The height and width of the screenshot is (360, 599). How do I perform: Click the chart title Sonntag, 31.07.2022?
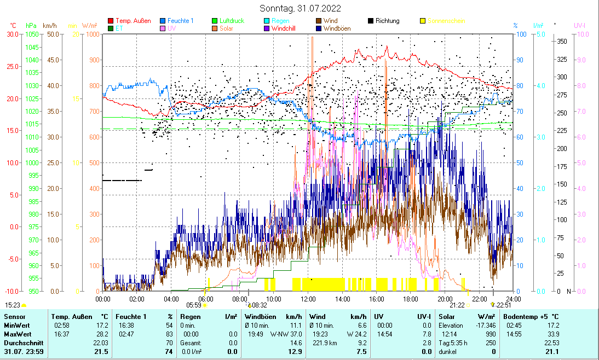[299, 8]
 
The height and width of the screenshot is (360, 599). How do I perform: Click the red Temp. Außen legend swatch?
[111, 21]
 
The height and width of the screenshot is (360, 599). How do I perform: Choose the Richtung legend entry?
[387, 21]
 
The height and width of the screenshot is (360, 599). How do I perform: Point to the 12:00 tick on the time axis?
[308, 299]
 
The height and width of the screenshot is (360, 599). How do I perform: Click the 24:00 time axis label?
[513, 299]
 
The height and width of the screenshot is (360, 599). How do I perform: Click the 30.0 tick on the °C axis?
[13, 34]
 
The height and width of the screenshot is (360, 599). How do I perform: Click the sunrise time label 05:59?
[194, 305]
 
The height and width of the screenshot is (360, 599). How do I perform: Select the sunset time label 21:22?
[457, 305]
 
